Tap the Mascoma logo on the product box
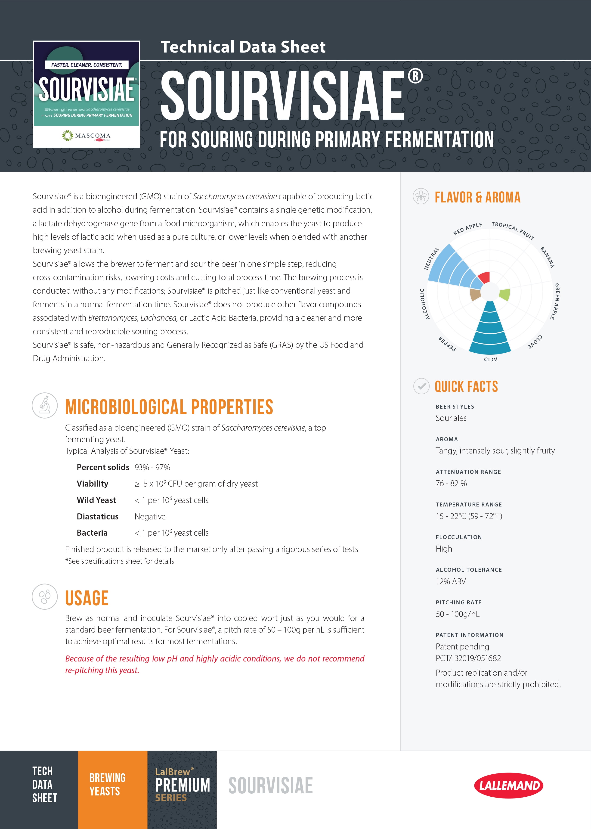[87, 136]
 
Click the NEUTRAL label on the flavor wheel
[432, 259]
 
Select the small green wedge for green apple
[504, 294]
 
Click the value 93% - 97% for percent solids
[152, 467]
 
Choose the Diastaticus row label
[98, 516]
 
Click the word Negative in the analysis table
[150, 516]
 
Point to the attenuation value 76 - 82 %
[451, 483]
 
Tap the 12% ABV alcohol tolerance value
[451, 581]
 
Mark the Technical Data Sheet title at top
[243, 47]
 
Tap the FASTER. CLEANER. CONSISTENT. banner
[87, 65]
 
